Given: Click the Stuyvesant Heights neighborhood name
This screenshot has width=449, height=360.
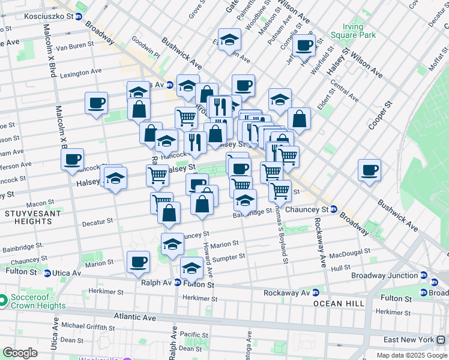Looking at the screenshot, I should [28, 217].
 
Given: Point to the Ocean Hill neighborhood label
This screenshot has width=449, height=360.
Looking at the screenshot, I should [338, 304].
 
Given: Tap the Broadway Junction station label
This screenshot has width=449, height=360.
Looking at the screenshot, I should [393, 275].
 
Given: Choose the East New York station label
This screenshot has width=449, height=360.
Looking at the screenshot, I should [409, 340].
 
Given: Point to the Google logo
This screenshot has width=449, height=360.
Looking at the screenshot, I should [20, 352].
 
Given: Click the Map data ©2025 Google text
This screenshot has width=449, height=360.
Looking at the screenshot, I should [412, 355].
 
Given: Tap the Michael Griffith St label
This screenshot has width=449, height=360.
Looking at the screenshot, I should [88, 325].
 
